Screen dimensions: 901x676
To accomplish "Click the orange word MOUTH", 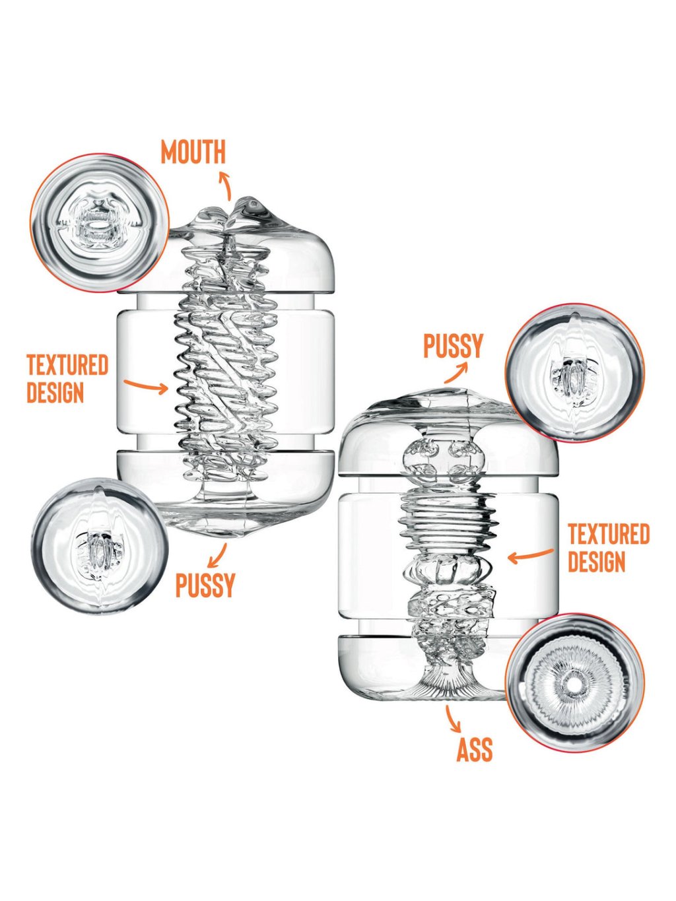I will coord(193,152).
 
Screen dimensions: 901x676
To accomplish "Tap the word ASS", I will coord(474,750).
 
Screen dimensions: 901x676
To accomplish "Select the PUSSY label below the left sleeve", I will coord(205,585).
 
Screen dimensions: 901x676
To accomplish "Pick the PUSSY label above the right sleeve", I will coord(453,346).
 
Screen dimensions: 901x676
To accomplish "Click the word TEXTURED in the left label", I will coord(67,365).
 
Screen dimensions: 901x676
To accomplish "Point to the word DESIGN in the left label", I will coord(55,393).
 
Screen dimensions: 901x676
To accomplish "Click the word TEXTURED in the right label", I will coord(609,534).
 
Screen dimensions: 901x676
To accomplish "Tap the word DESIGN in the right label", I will coord(596,562).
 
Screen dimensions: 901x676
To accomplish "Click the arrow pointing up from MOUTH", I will coord(225,185).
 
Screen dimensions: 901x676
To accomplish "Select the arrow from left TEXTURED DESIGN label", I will coord(146,385).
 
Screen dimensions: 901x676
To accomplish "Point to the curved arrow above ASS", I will coord(452,720).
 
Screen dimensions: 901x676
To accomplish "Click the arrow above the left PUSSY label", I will coord(217,556).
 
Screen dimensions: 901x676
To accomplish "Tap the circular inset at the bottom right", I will coord(574,684).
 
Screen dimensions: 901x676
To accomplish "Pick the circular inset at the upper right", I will coord(574,373).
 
